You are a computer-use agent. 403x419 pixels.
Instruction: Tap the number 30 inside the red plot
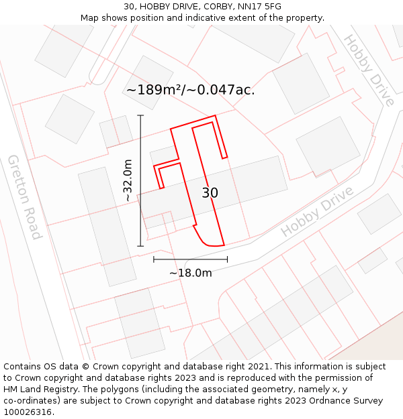210,193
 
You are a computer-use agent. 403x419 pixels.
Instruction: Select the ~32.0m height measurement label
128,180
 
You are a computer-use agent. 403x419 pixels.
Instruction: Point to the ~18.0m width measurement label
190,273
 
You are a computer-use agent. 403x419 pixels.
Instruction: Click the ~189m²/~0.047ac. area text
190,90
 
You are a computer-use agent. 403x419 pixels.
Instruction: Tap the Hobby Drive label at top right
368,70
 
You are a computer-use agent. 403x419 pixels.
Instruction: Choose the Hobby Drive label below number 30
317,211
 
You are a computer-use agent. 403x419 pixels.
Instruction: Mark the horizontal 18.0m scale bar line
190,259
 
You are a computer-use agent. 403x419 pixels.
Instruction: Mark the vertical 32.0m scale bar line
141,180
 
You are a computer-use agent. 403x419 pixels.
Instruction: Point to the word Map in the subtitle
90,18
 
